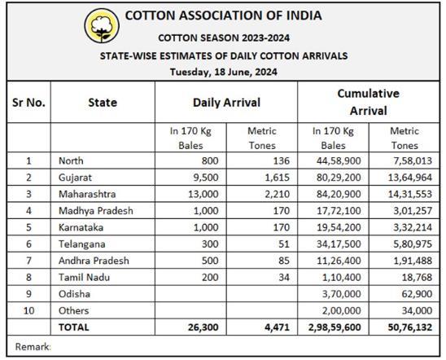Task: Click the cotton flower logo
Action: (102, 25)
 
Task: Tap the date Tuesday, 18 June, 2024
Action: (224, 72)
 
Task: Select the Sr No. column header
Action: (28, 103)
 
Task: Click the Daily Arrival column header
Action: (226, 103)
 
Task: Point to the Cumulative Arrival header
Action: (369, 102)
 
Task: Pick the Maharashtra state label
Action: (87, 194)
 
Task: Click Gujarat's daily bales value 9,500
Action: (206, 178)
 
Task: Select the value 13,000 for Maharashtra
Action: (203, 194)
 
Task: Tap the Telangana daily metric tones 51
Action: (284, 244)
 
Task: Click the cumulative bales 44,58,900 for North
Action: (339, 160)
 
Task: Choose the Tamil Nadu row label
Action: (84, 277)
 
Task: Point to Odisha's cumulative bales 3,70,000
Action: (341, 294)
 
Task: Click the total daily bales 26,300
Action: (203, 327)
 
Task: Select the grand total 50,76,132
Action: (410, 327)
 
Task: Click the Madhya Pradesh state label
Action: (96, 211)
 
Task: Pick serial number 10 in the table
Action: (28, 310)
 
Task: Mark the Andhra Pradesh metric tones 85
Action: (284, 261)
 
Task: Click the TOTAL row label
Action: (74, 327)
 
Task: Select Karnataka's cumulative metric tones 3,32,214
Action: (413, 227)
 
